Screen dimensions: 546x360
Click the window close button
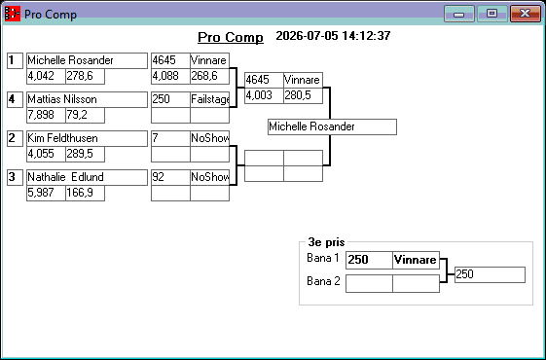(526, 14)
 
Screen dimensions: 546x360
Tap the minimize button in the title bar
(459, 14)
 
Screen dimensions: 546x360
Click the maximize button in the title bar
(491, 14)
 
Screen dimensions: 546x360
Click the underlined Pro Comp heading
(231, 37)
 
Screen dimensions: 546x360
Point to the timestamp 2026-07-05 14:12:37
(333, 35)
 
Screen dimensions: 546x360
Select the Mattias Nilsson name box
(87, 99)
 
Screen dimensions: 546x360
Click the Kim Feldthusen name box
(87, 138)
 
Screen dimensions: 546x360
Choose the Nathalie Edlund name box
(87, 177)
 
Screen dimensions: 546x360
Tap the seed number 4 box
(15, 99)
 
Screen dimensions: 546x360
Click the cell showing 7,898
(46, 115)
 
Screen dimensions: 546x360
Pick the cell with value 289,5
(85, 155)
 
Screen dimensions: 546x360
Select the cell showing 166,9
(85, 194)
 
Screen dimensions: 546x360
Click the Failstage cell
(209, 99)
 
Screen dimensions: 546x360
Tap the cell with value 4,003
(264, 95)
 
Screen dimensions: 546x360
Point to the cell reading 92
(170, 177)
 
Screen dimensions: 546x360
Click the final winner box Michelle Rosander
(332, 126)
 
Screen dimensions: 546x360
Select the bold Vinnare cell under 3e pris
(416, 260)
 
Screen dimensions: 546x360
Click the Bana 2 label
(323, 281)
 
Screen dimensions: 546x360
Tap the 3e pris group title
(326, 242)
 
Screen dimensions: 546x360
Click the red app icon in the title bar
(13, 14)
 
